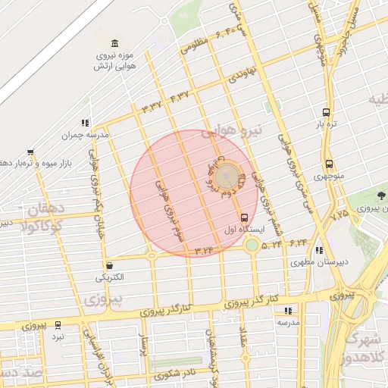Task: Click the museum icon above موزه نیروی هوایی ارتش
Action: click(114, 42)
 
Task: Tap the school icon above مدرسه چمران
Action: click(86, 123)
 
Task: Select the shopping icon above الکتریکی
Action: click(111, 265)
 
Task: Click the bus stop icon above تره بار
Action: click(327, 111)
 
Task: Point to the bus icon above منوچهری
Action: click(329, 164)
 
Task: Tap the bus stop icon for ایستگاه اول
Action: click(242, 217)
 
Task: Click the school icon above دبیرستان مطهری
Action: click(320, 250)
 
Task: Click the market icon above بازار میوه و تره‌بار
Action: click(30, 152)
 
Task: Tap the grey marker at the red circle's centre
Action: click(225, 178)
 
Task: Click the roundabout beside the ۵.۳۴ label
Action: click(252, 245)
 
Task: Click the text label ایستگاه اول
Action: click(242, 228)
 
